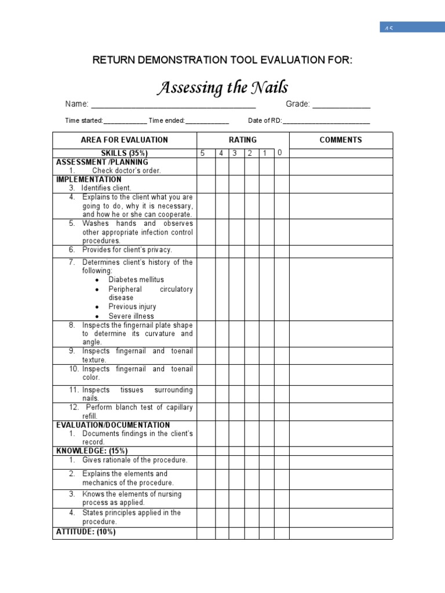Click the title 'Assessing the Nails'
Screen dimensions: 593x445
point(222,88)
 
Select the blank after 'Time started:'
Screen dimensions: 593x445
point(125,122)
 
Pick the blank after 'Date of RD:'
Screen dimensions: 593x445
point(326,122)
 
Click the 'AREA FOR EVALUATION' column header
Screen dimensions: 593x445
point(125,140)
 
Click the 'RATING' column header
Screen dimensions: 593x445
point(243,140)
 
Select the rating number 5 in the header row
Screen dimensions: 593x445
point(203,153)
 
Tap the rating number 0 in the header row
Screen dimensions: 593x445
point(279,153)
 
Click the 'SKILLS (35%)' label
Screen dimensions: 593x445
point(125,153)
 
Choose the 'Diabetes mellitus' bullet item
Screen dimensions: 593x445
point(136,280)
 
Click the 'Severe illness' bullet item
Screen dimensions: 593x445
point(131,316)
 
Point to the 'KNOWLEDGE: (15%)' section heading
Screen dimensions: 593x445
point(92,451)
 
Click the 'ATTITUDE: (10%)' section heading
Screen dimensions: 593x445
point(86,532)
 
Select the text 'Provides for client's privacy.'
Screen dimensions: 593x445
point(127,250)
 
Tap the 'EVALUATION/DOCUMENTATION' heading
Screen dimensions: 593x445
point(113,425)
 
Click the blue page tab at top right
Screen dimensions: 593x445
point(412,27)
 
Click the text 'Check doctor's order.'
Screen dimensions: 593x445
point(126,171)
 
